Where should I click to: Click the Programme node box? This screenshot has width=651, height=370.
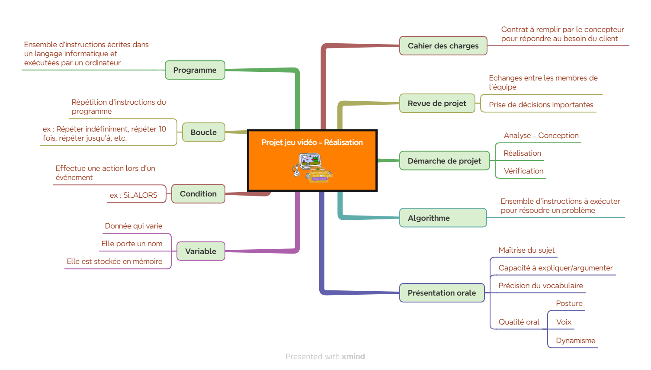(195, 70)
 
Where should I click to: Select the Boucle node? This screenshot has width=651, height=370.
(203, 132)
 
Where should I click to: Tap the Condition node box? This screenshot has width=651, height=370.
(198, 194)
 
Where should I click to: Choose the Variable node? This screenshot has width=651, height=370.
(201, 251)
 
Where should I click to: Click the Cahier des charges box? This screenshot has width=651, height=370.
(443, 45)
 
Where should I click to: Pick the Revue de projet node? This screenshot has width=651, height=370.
(437, 103)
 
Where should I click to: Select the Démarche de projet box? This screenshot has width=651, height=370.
(444, 161)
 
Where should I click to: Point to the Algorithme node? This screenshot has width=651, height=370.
(443, 218)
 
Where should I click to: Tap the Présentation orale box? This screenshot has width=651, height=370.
(442, 293)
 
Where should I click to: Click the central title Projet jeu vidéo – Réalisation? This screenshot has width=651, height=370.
(312, 142)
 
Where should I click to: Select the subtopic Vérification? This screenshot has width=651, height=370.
(523, 171)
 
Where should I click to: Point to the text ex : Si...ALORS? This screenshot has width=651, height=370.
(133, 195)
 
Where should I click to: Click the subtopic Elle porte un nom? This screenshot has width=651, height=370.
(132, 244)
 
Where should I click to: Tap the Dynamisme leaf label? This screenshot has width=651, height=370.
(575, 341)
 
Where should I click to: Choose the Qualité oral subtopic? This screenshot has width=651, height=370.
(519, 322)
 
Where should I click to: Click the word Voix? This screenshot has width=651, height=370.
(564, 322)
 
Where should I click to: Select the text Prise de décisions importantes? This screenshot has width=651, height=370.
(541, 105)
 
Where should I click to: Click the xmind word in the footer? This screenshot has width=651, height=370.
(353, 356)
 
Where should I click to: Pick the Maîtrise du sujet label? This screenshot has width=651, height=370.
(526, 250)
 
